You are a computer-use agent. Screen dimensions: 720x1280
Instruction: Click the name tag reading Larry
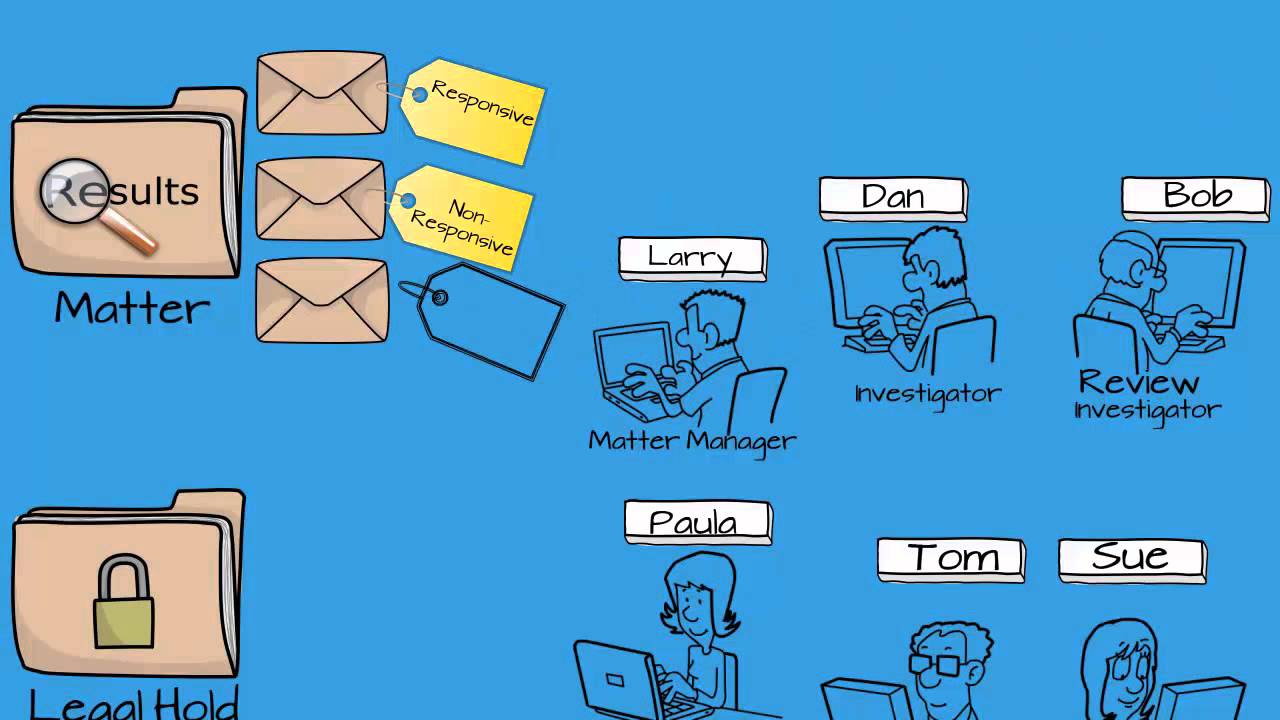(692, 258)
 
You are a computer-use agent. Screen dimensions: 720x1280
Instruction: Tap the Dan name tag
(893, 197)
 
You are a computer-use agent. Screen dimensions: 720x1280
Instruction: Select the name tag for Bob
(1196, 196)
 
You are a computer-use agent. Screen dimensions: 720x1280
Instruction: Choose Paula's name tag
(697, 522)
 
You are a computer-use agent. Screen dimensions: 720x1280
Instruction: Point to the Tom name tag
(951, 558)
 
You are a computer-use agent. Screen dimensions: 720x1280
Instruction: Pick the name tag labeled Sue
(1132, 557)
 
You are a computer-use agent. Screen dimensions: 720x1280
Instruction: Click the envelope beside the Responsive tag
(322, 93)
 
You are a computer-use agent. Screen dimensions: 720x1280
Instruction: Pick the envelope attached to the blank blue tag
(322, 301)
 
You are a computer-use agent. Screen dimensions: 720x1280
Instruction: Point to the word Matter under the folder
(131, 308)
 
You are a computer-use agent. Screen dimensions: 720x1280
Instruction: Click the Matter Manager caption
(692, 440)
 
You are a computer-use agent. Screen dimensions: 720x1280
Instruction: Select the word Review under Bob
(1138, 382)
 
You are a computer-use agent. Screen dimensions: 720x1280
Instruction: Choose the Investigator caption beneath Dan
(928, 394)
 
